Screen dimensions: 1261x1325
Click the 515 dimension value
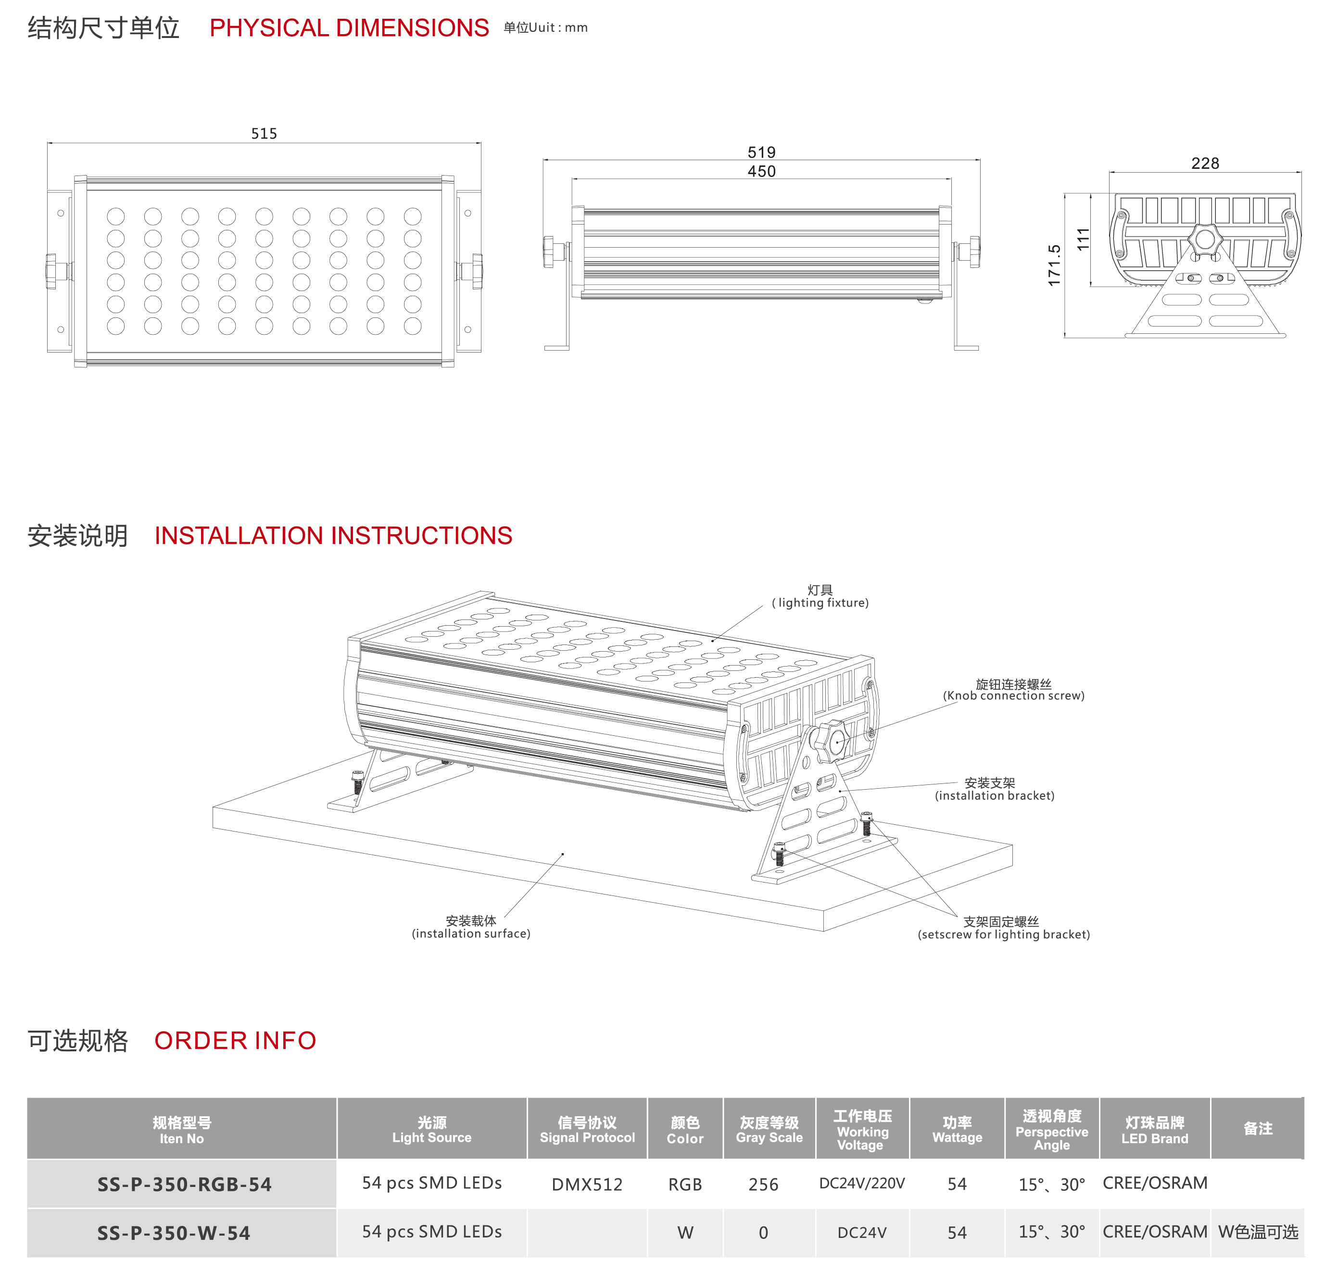coord(264,134)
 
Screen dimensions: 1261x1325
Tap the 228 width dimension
coord(1205,164)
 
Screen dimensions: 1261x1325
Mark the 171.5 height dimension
coord(1054,265)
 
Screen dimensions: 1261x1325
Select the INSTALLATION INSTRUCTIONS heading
coord(333,536)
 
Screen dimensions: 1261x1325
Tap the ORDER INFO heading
coord(235,1041)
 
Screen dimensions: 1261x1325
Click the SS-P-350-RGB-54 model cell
coord(184,1185)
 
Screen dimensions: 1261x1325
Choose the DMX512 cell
coord(587,1185)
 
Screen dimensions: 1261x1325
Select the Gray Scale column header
coord(769,1130)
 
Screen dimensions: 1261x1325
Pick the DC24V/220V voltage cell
coord(862,1183)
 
